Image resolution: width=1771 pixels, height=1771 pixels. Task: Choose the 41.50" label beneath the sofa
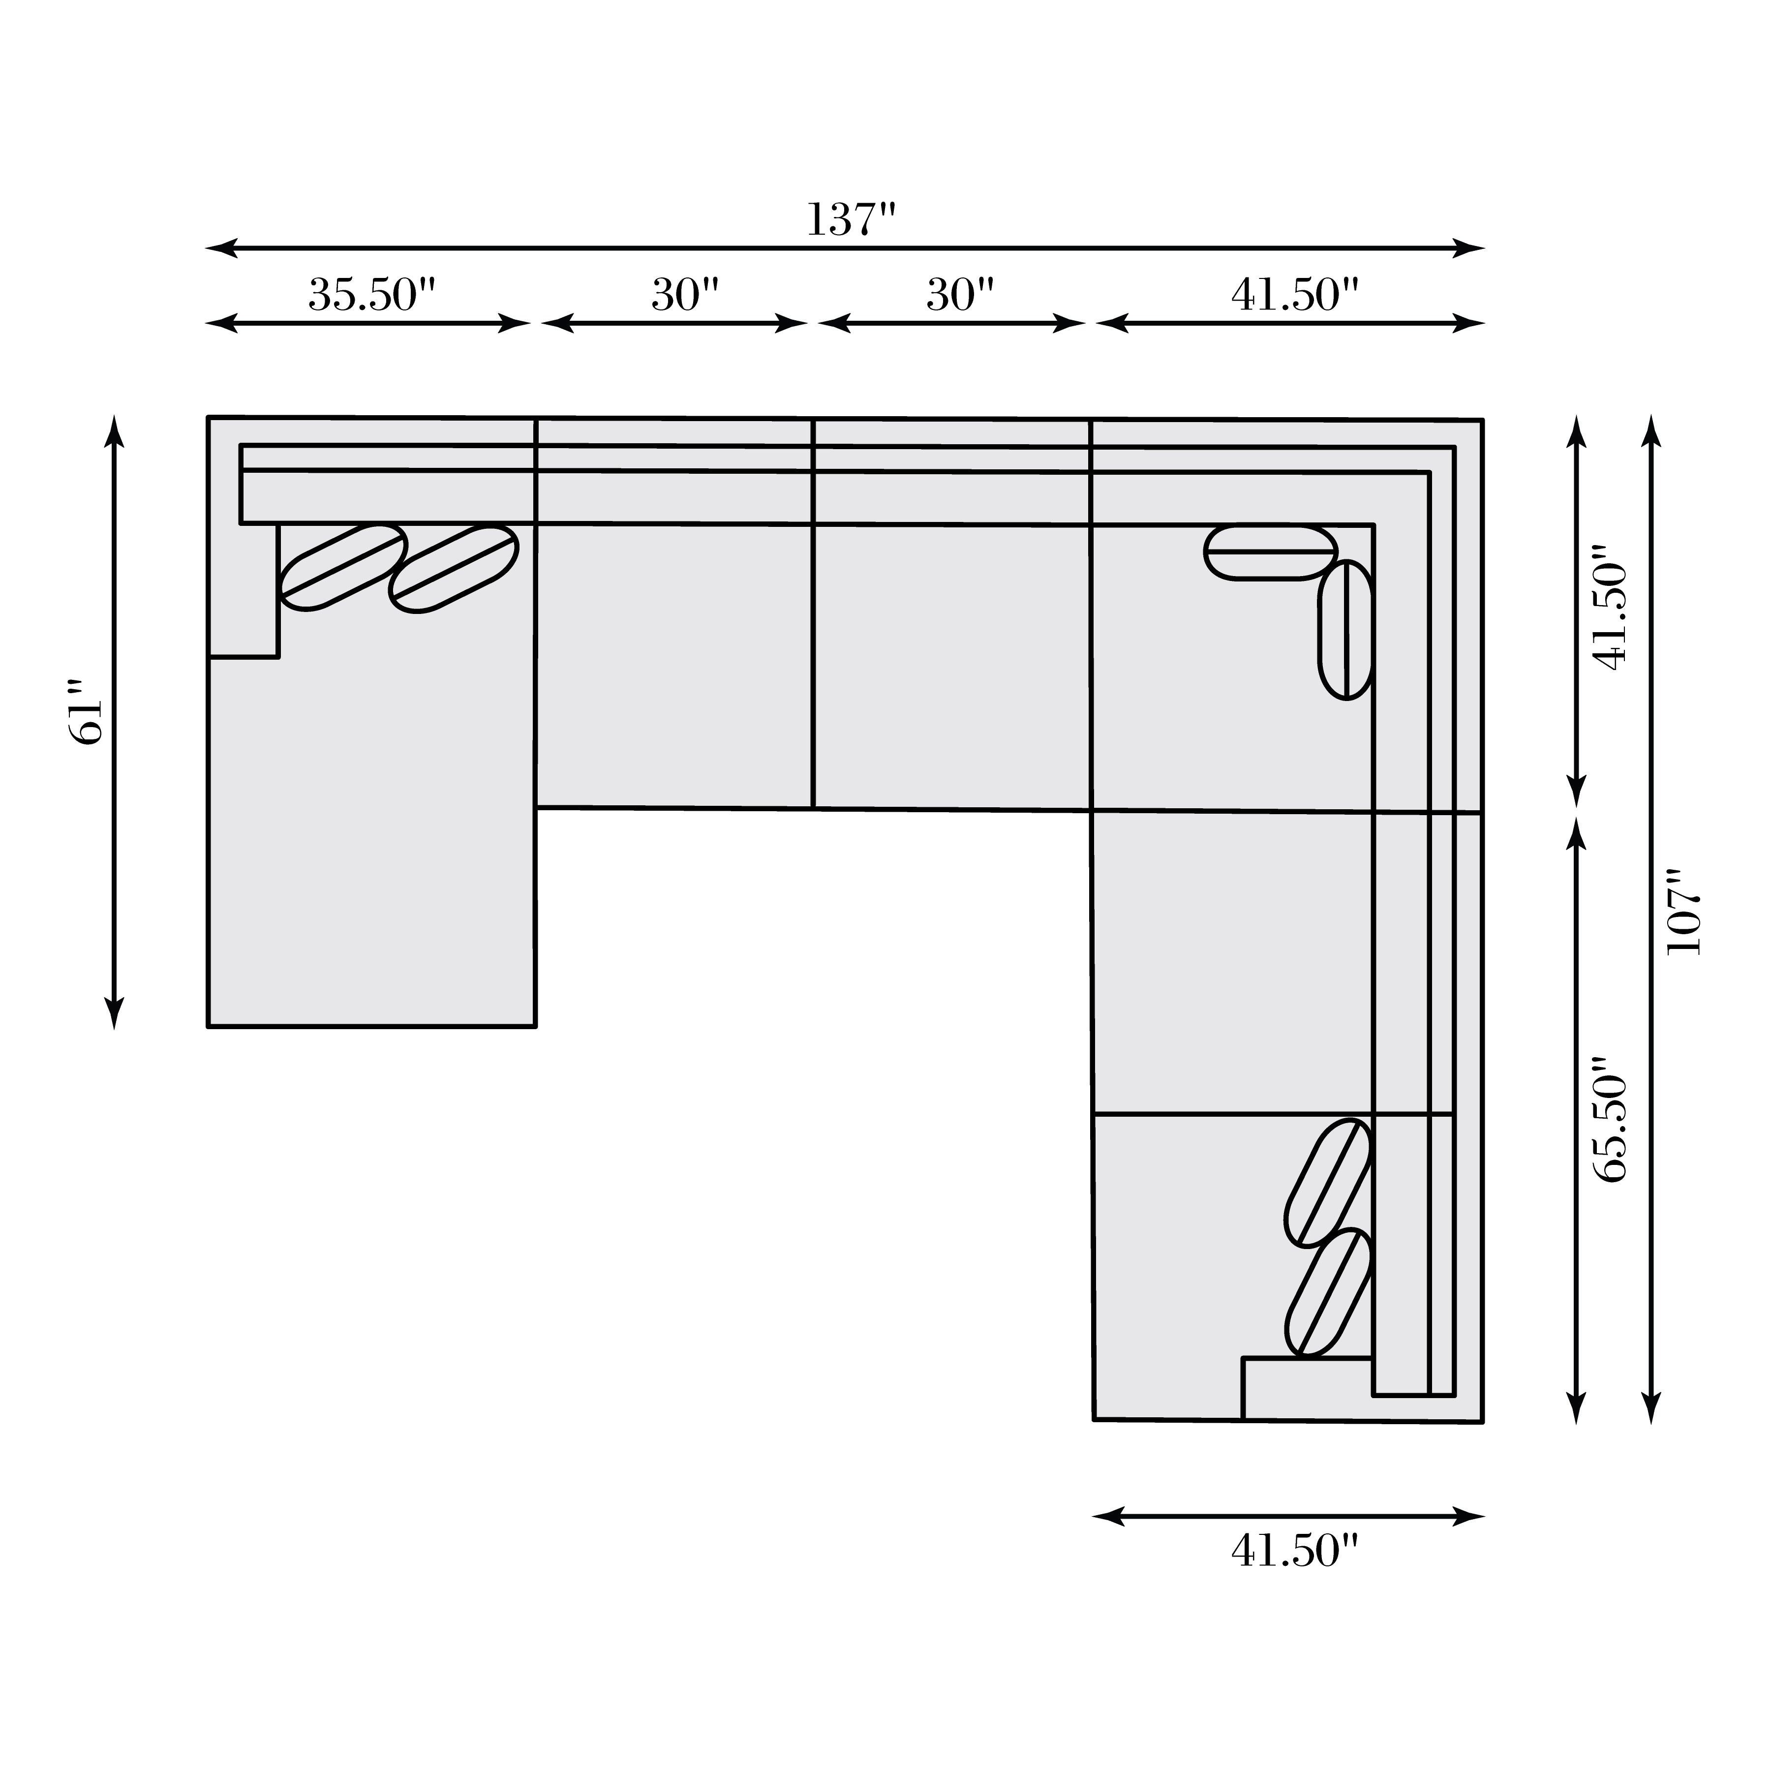[1293, 1551]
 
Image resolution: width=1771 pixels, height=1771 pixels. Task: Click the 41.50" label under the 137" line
[1293, 295]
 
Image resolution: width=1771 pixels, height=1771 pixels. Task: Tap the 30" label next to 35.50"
[685, 295]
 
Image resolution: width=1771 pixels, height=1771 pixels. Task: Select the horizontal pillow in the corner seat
[1271, 553]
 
